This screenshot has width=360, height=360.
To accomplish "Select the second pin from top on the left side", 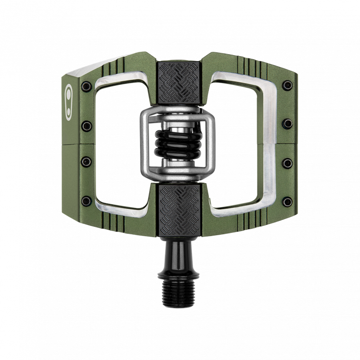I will (x=86, y=124).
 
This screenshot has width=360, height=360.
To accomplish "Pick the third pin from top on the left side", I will (x=86, y=161).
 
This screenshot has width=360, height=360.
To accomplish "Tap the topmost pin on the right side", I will (x=288, y=85).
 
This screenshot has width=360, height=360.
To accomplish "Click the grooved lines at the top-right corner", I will (x=251, y=63).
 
